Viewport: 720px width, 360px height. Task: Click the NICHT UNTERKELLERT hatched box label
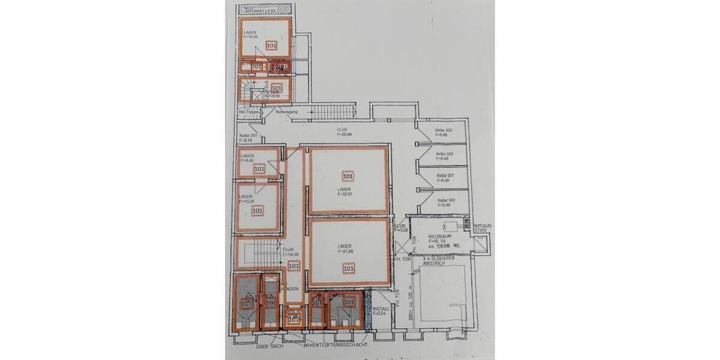click(265, 10)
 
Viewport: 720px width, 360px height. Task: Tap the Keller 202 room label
click(444, 133)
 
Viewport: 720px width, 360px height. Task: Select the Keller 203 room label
click(444, 156)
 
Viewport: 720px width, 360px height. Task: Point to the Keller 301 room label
click(444, 178)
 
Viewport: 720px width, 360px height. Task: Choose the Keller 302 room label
click(444, 202)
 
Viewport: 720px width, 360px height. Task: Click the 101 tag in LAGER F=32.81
click(347, 176)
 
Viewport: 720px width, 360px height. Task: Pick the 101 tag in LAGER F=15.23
click(271, 45)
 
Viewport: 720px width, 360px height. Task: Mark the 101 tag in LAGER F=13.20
click(257, 211)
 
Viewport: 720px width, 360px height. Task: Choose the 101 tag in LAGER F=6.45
click(259, 169)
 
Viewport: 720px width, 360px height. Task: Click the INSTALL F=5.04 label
click(382, 311)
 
